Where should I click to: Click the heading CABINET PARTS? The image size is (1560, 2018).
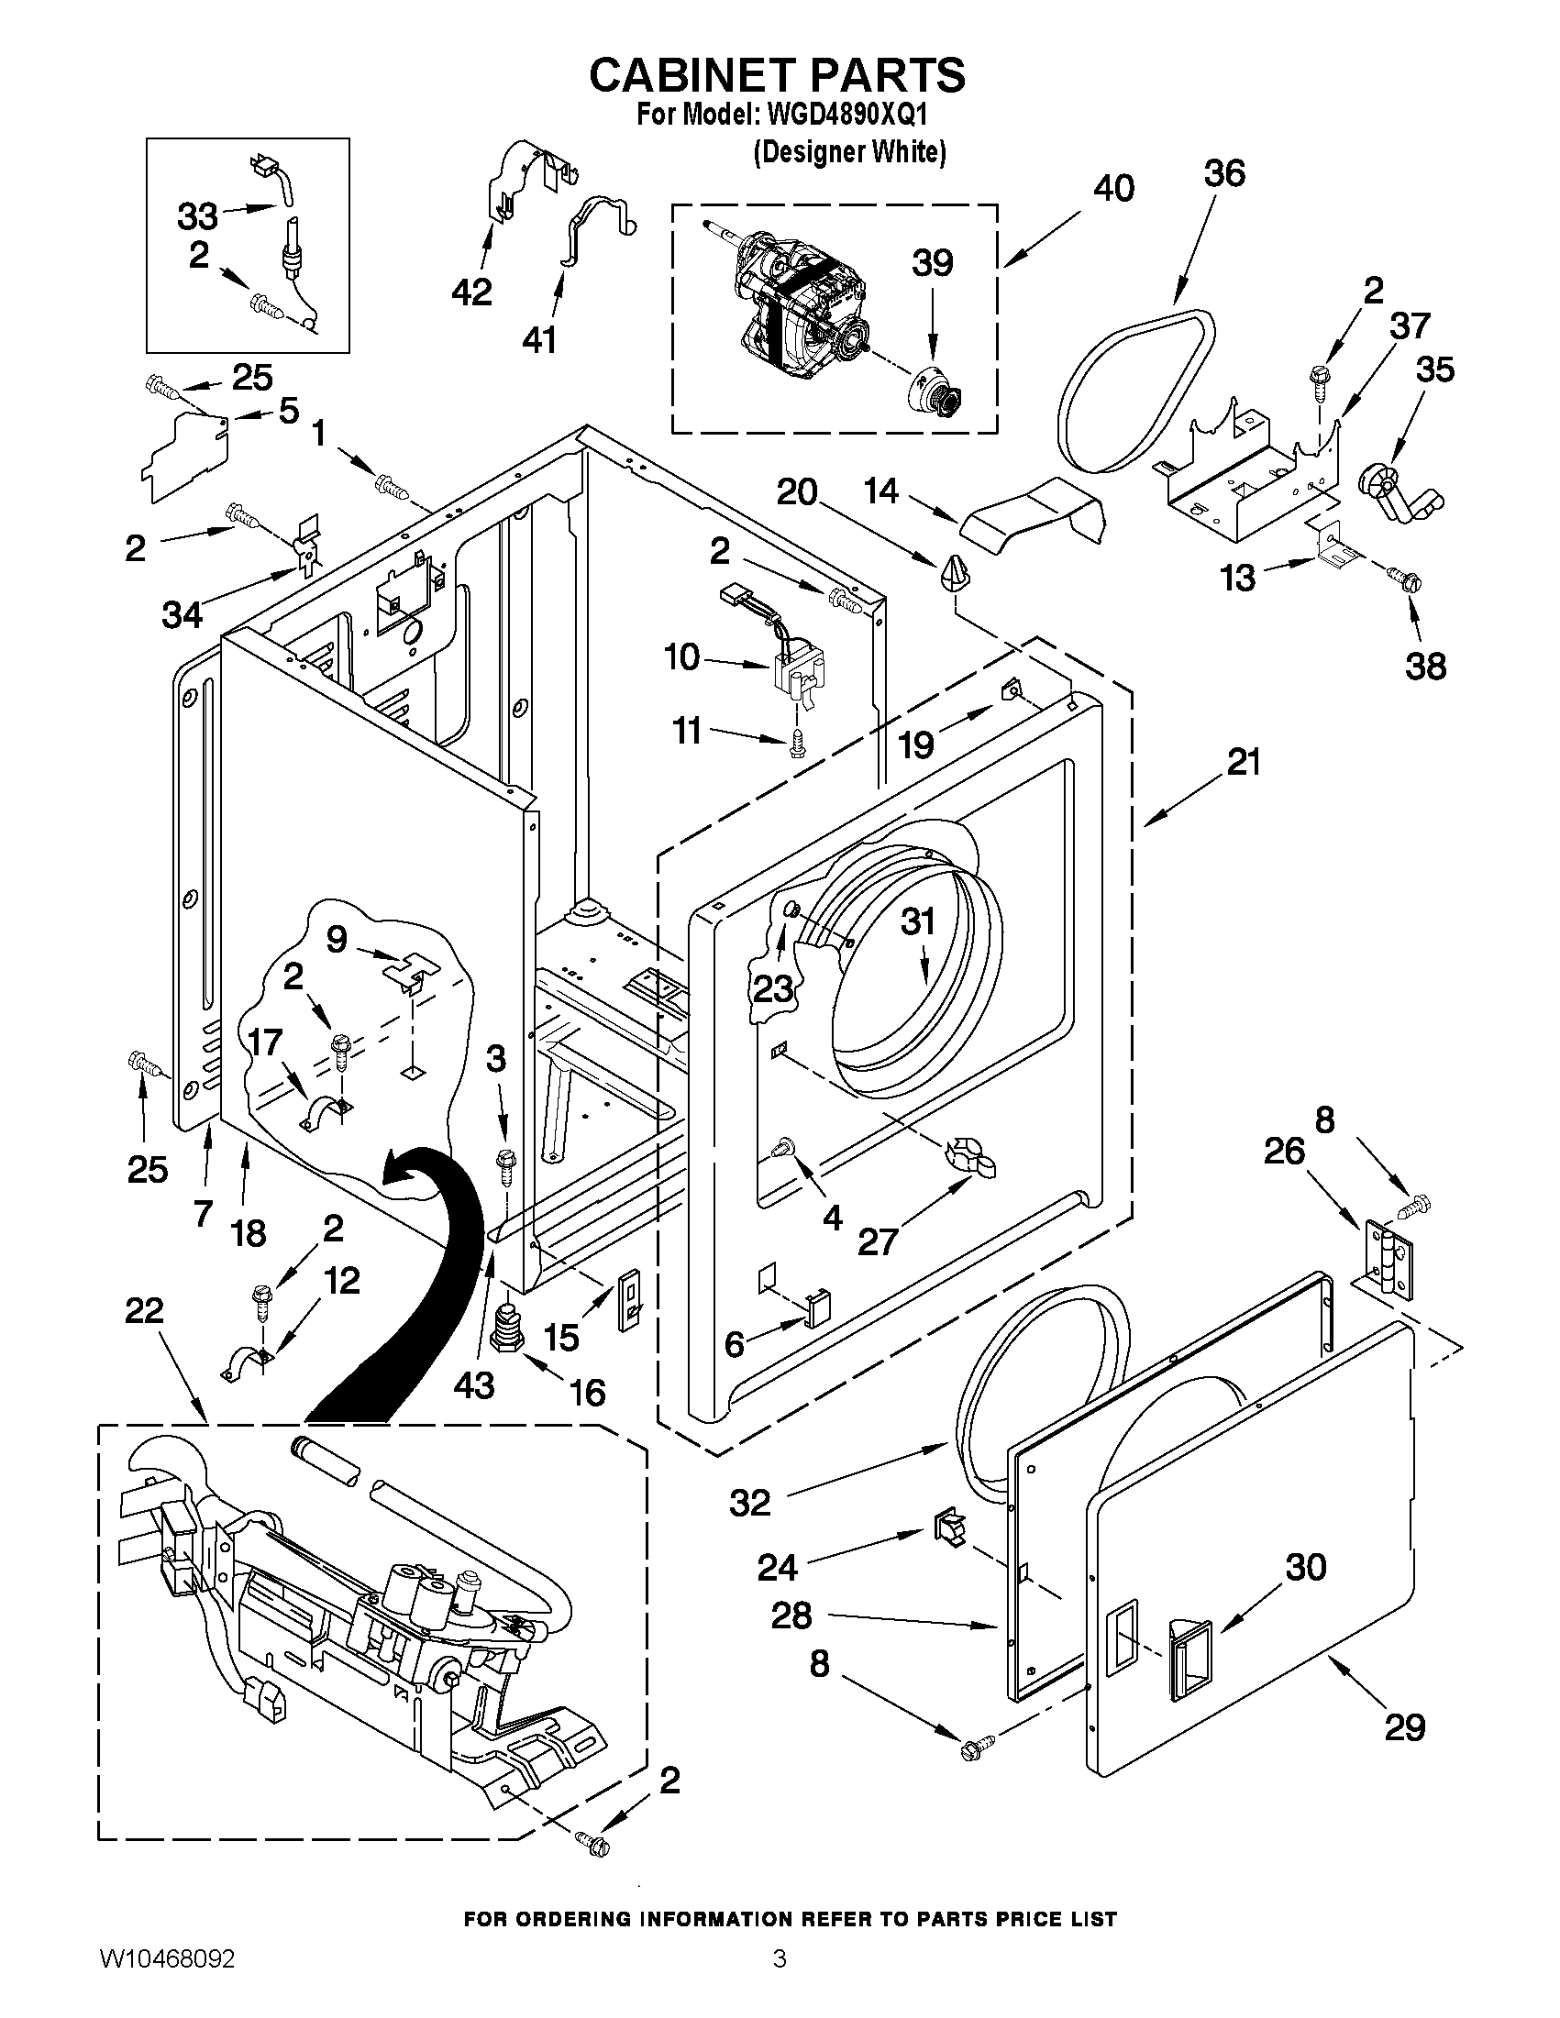pos(777,74)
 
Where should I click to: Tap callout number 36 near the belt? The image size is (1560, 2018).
pos(1223,173)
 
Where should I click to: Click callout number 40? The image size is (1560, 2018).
pos(1113,189)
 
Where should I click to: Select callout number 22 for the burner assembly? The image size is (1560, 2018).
pos(144,1310)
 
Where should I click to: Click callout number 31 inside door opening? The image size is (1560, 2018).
pos(918,922)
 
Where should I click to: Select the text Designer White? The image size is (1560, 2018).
pos(850,152)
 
